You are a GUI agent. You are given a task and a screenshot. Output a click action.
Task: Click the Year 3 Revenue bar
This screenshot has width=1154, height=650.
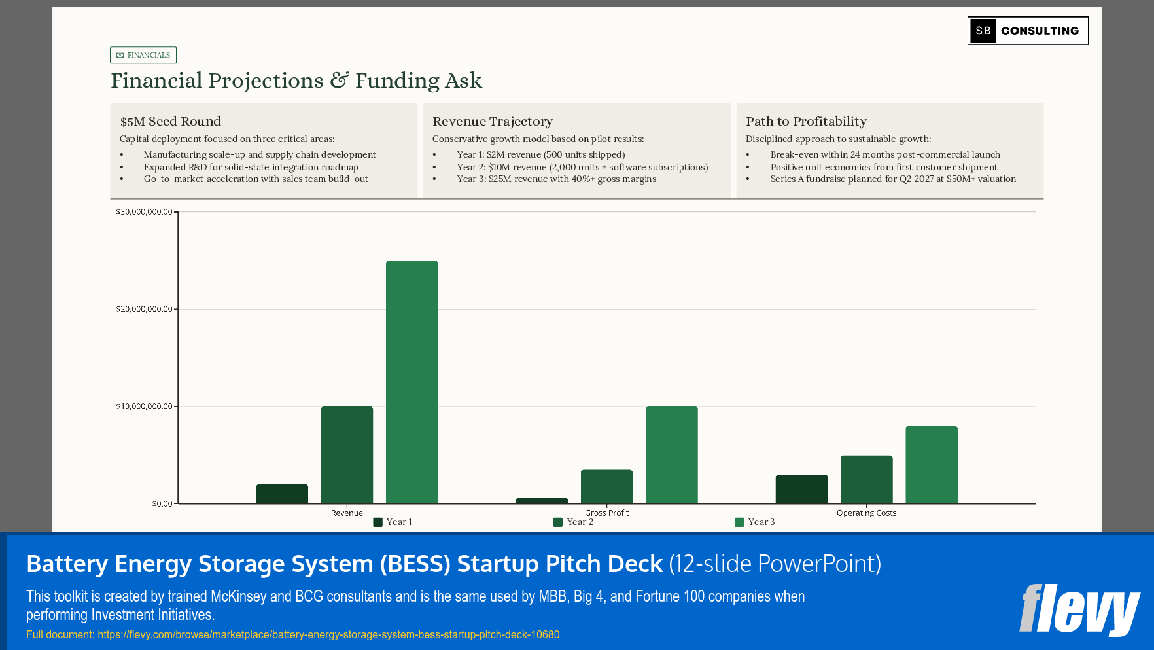411,382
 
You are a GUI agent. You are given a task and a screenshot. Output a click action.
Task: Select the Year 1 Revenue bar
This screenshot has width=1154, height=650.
282,494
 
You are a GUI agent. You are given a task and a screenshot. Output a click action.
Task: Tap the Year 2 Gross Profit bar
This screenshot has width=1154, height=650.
606,486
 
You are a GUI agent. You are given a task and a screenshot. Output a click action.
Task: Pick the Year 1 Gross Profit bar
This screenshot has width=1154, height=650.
542,501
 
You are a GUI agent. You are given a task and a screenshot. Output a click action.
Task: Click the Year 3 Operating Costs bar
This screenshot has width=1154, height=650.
931,465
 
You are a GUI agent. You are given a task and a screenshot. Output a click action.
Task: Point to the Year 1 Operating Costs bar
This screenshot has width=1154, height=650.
801,489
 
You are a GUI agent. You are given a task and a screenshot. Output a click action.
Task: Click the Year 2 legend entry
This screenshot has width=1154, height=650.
574,522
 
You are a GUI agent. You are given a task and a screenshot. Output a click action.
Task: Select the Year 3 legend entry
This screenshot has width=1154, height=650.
755,522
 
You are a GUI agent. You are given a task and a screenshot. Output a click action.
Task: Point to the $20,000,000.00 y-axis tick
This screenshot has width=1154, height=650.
144,309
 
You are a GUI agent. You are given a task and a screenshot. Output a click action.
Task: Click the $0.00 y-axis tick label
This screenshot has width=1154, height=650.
162,503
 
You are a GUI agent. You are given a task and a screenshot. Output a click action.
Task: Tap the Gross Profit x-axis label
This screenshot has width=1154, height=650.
606,513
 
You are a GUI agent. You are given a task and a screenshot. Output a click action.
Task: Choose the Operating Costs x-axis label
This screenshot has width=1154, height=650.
866,513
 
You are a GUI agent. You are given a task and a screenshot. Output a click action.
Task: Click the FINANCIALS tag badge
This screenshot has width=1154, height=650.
143,55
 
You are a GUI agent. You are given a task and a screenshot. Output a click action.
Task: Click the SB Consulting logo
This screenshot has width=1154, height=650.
1028,31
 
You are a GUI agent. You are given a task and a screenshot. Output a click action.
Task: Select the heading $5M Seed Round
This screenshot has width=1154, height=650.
171,121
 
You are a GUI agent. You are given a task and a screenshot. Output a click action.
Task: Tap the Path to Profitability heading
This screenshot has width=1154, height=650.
806,121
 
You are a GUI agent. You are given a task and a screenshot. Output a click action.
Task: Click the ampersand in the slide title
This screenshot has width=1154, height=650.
339,81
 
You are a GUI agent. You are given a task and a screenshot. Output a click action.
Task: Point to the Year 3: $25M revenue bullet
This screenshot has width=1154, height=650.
556,179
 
